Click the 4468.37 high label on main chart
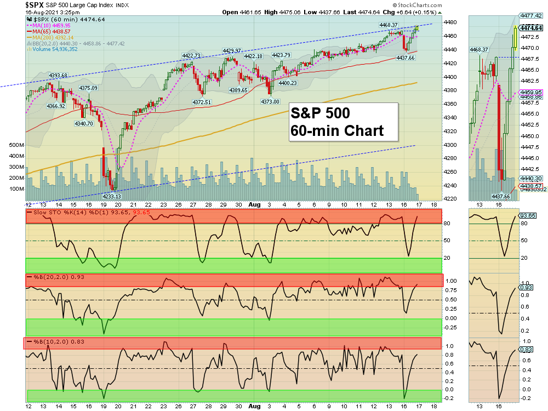[389, 25]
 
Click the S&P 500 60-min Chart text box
[336, 122]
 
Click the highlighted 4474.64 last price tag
[532, 28]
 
